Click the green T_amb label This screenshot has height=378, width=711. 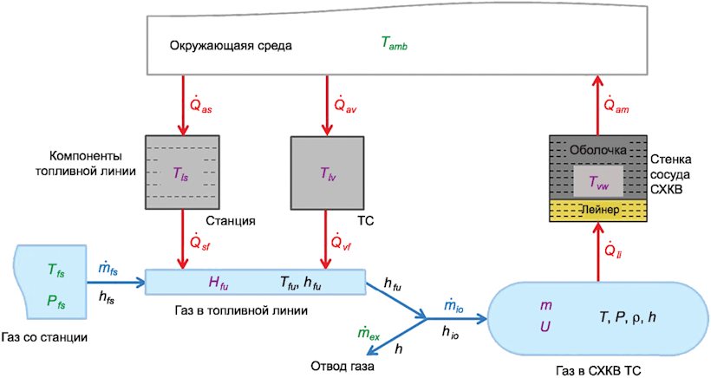point(394,43)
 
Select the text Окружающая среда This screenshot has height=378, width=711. point(231,46)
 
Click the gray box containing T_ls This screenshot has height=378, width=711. point(182,173)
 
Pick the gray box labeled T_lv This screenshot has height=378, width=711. point(327,173)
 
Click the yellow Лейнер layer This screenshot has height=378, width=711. point(597,210)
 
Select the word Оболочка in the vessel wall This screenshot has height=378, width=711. point(598,150)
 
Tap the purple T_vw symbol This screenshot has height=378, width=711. point(598,182)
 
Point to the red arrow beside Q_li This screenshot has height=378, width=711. point(597,251)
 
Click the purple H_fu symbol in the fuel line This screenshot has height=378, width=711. point(219,283)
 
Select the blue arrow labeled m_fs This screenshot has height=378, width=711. point(116,283)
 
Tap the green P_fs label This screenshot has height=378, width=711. point(56,301)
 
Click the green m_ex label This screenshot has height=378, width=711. point(369,335)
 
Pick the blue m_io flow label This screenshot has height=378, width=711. point(453,306)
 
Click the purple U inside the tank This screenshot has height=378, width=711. point(545,326)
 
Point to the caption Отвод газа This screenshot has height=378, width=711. point(342,366)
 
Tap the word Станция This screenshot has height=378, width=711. point(231,221)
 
